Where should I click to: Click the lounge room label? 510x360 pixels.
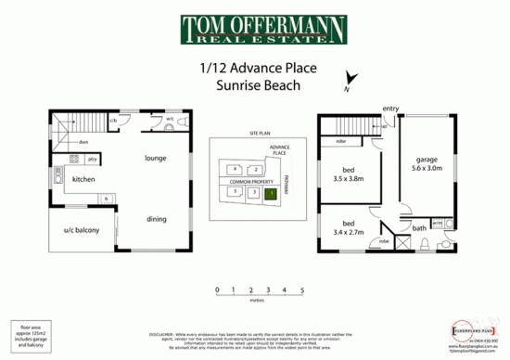pyautogui.click(x=155, y=158)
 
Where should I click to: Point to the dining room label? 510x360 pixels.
pyautogui.click(x=157, y=219)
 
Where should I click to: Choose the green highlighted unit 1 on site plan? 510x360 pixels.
pyautogui.click(x=270, y=193)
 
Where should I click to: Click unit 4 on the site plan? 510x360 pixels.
pyautogui.click(x=236, y=169)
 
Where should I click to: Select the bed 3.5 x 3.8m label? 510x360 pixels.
pyautogui.click(x=345, y=175)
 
